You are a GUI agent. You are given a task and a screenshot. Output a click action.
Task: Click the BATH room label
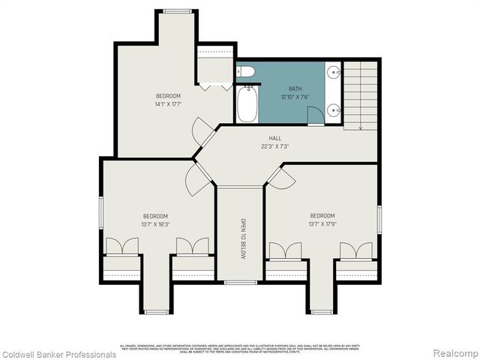295,88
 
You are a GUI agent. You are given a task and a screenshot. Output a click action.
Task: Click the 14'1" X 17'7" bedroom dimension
168,104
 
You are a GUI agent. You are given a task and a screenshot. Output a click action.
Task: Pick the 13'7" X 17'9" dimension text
322,223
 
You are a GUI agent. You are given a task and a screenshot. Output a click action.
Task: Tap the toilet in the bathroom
246,72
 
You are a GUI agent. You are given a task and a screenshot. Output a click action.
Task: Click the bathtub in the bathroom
247,106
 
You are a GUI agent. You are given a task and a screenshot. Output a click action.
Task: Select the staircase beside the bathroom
361,93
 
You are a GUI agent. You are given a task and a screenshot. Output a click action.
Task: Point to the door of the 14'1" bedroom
203,132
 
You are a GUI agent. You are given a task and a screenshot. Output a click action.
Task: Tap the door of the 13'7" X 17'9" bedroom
282,178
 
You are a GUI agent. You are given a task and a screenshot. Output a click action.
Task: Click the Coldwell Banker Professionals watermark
59,354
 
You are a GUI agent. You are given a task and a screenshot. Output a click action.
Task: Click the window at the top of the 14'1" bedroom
177,10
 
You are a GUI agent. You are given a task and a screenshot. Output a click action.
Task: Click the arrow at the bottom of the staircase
361,127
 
